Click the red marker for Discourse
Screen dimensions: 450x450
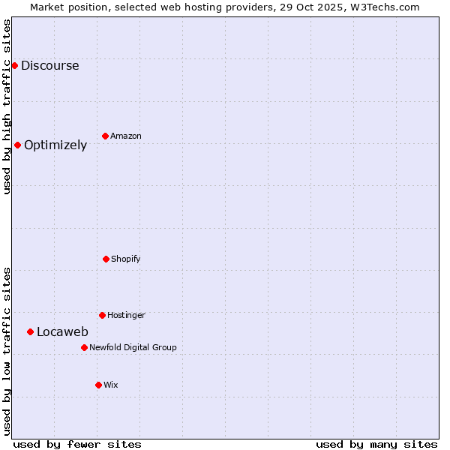click(x=14, y=65)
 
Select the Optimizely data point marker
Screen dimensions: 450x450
click(x=17, y=145)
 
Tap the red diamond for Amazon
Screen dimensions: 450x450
click(x=105, y=136)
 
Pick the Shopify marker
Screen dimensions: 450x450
click(x=106, y=259)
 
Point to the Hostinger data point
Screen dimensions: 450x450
click(x=102, y=315)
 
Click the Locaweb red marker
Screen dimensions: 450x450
click(x=30, y=331)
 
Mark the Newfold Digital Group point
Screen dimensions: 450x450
click(x=84, y=347)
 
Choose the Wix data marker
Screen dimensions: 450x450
click(x=98, y=385)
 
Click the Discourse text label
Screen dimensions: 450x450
click(x=49, y=65)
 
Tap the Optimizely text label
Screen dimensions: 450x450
click(x=55, y=145)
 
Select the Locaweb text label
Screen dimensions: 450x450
click(x=62, y=331)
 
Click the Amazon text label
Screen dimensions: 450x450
click(x=126, y=136)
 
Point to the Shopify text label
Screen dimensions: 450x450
click(x=126, y=259)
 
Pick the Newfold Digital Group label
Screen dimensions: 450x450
click(x=133, y=347)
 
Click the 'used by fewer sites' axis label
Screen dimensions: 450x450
click(x=77, y=444)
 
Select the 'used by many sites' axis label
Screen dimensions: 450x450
click(x=376, y=444)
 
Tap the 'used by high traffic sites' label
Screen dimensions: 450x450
click(x=7, y=106)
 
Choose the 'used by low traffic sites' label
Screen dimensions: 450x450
click(x=7, y=351)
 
